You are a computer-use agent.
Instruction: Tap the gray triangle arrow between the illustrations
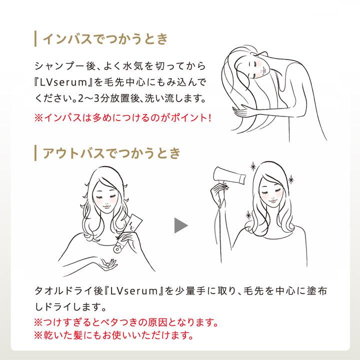pos(180,225)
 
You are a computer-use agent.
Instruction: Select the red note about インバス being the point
pos(123,119)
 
